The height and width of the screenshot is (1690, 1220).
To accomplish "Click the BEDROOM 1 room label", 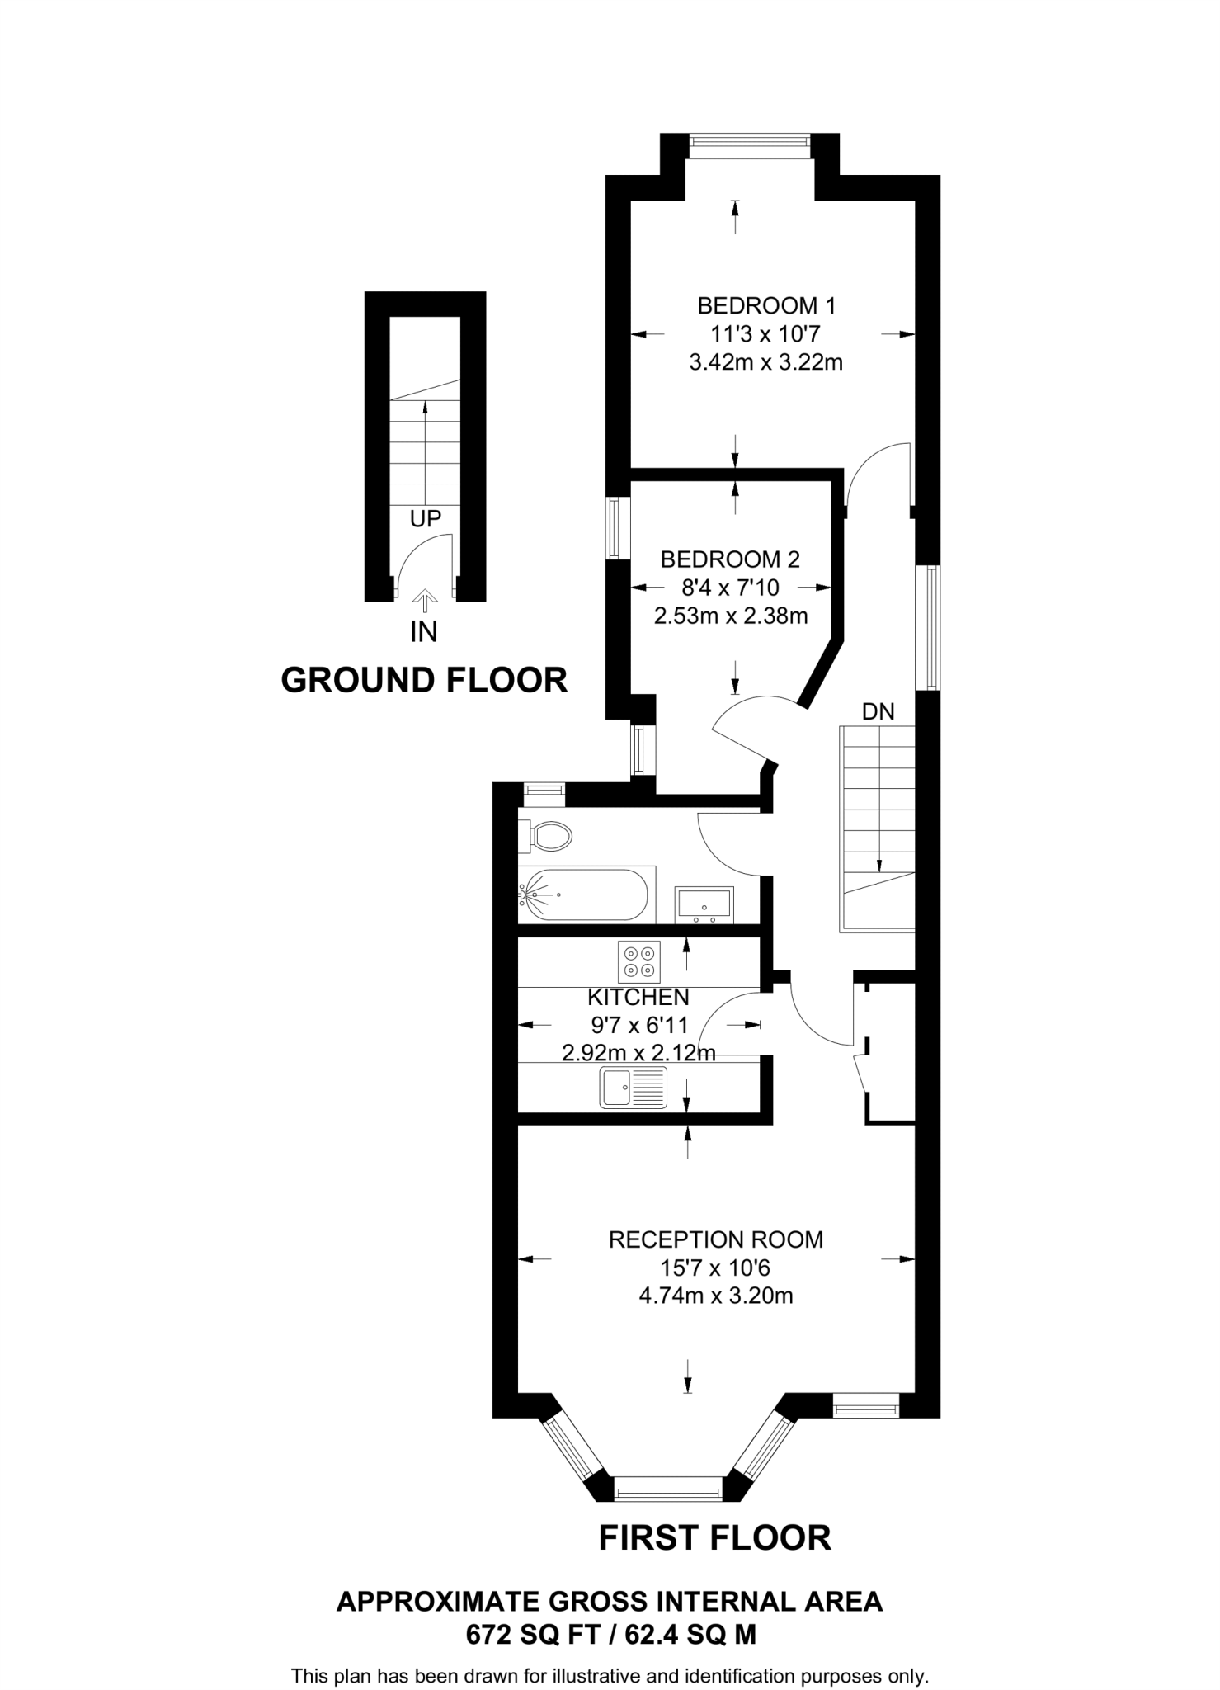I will pos(766,306).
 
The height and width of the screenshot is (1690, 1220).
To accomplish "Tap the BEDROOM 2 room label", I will pos(730,559).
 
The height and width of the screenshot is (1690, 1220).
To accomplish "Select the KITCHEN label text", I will pos(638,997).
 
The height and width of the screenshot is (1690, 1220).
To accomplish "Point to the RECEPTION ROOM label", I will pos(715,1239).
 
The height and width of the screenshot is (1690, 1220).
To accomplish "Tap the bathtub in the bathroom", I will pos(585,895).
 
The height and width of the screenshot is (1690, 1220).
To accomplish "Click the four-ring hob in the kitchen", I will pos(638,962).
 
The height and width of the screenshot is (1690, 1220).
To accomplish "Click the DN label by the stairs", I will pos(878,711).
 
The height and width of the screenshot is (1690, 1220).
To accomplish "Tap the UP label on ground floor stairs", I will pos(426,518).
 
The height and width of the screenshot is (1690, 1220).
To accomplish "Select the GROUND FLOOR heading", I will pos(424,680).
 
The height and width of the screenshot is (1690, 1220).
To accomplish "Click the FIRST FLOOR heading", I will pos(714,1537).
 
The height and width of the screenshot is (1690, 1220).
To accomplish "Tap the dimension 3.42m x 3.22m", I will pos(765,361).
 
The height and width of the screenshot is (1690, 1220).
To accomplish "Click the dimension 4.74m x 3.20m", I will pos(716,1296).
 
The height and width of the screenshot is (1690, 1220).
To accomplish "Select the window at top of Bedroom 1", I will pos(749,147).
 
